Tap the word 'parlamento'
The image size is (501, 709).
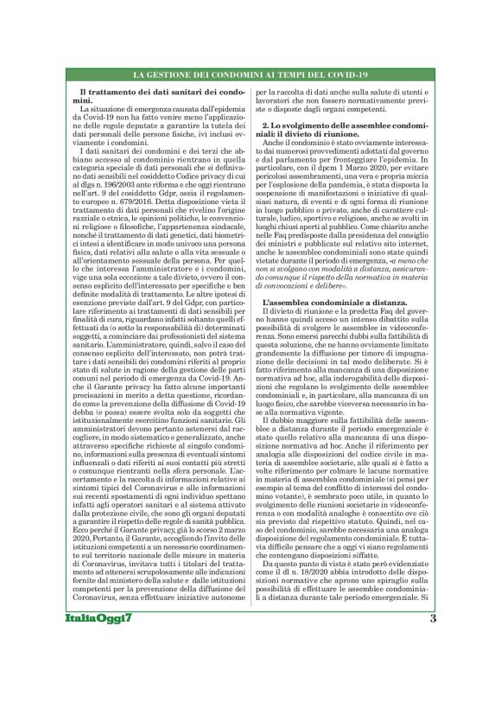[292, 152]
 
